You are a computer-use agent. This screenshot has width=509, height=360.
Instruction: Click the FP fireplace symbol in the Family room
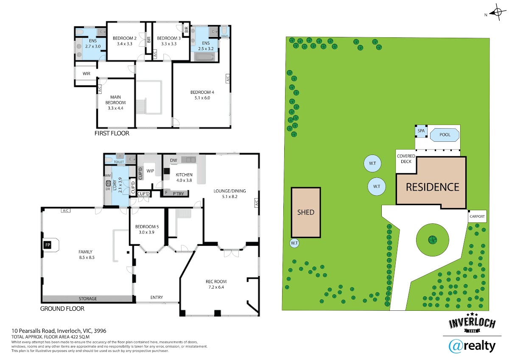pyautogui.click(x=48, y=245)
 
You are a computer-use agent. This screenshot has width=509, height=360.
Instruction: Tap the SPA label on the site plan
pyautogui.click(x=421, y=131)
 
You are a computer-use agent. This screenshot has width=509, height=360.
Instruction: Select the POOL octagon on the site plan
pyautogui.click(x=445, y=135)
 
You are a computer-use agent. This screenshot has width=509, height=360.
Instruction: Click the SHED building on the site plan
pyautogui.click(x=306, y=212)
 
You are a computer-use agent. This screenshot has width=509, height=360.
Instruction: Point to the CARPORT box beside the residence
pyautogui.click(x=477, y=216)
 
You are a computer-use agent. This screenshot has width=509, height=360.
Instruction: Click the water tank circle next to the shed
pyautogui.click(x=294, y=243)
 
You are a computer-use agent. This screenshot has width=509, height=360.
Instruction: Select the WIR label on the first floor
pyautogui.click(x=87, y=74)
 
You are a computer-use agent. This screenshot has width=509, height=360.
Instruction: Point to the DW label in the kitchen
pyautogui.click(x=173, y=160)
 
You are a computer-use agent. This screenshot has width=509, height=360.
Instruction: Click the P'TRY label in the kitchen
pyautogui.click(x=178, y=194)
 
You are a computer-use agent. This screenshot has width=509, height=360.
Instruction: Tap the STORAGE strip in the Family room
pyautogui.click(x=88, y=298)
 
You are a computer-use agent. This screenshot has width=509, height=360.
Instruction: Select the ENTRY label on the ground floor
pyautogui.click(x=157, y=297)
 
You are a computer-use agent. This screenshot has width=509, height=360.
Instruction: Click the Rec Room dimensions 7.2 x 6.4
pyautogui.click(x=216, y=287)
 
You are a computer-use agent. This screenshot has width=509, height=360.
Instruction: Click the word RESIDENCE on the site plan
pyautogui.click(x=432, y=187)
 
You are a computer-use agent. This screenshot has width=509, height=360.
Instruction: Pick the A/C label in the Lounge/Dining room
pyautogui.click(x=257, y=203)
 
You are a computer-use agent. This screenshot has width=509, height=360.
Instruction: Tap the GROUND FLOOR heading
pyautogui.click(x=62, y=309)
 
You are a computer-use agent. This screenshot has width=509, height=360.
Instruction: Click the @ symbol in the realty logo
pyautogui.click(x=455, y=346)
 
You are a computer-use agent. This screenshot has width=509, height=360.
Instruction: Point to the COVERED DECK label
pyautogui.click(x=406, y=159)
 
